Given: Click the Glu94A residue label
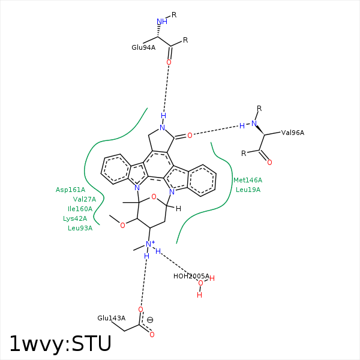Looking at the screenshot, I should click(x=143, y=47).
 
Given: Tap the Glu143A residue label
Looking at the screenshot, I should click(x=112, y=318).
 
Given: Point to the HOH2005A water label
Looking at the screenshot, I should click(x=191, y=276).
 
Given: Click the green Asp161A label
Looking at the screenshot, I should click(x=71, y=190).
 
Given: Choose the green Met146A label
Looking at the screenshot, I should click(x=248, y=180).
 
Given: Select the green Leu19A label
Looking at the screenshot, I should click(x=248, y=190).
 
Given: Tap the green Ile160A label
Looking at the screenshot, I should click(x=80, y=209).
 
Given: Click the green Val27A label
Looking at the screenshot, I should click(x=85, y=199).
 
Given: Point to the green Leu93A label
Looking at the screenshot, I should click(x=80, y=228).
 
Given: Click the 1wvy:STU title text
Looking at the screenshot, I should click(x=60, y=344).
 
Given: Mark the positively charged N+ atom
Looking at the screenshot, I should click(x=149, y=244).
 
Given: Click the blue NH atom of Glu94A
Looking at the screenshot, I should click(x=161, y=22).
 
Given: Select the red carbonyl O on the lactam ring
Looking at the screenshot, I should click(x=190, y=136).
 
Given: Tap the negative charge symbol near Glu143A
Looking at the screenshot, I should click(x=150, y=320).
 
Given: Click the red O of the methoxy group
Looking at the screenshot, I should click(x=122, y=226).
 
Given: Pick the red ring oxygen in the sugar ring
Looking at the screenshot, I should click(x=154, y=197).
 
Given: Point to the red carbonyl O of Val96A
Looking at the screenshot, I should click(x=269, y=163).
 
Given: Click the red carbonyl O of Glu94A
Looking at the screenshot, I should click(x=169, y=62).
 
